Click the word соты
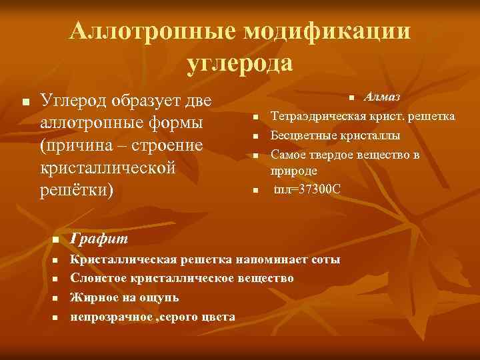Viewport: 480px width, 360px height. [326, 259]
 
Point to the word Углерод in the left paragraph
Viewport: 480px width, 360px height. [75, 101]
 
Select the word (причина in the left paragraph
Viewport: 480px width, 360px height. [78, 145]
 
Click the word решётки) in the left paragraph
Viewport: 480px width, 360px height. [77, 189]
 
